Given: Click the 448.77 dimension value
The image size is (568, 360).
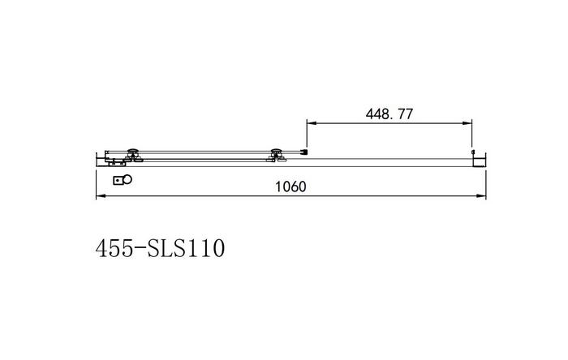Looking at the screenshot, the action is (389, 114).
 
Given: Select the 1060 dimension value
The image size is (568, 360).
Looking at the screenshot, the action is (290, 186).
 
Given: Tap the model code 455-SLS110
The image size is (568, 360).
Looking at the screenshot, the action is (160, 248).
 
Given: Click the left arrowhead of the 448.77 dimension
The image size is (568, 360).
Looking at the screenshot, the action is (312, 123).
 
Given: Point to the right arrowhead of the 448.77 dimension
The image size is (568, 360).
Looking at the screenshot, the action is (467, 123).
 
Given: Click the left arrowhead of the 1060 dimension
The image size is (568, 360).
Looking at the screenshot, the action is (101, 196).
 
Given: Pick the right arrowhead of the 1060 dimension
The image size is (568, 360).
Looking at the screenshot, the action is (481, 196).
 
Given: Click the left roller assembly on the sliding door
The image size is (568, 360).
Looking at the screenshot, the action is (133, 155).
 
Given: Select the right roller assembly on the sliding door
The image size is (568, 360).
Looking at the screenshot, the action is (277, 155).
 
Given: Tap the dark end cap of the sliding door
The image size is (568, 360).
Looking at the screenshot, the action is (305, 152).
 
